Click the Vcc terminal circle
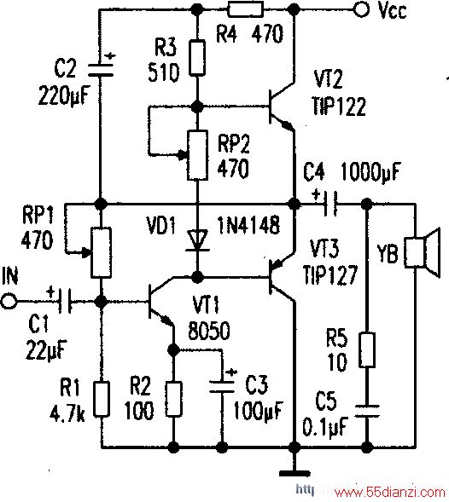(362, 9)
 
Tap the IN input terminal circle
(9, 301)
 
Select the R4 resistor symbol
(245, 9)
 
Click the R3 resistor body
(197, 58)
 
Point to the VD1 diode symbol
(197, 239)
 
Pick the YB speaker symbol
(421, 253)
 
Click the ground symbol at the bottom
(294, 473)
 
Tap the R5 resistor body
(367, 349)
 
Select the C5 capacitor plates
(367, 411)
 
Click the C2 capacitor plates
(101, 70)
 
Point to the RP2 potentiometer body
(197, 155)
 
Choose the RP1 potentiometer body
(101, 252)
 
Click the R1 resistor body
(102, 399)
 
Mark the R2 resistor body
(173, 399)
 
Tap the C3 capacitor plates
(221, 386)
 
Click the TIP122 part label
(339, 106)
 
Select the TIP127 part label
(330, 275)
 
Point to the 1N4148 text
(248, 225)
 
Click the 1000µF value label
(370, 172)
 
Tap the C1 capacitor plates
(65, 301)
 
